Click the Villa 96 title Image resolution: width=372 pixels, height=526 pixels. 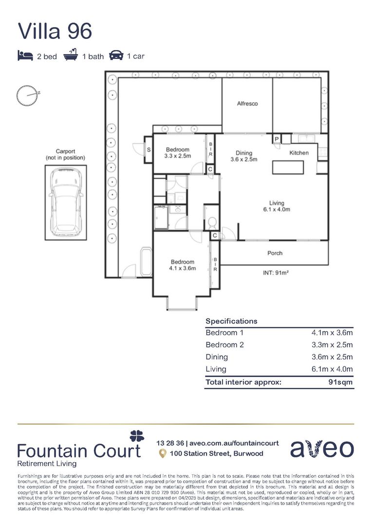[55, 31]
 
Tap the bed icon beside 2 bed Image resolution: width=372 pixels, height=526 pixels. [25, 56]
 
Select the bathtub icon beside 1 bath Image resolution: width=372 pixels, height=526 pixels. [71, 55]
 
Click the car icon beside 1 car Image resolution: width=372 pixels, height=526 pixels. [116, 55]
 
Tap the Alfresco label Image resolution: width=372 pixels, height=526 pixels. [247, 104]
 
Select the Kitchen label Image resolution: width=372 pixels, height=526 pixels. [299, 153]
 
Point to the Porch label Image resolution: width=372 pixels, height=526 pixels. [275, 253]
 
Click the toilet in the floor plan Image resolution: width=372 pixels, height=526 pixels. [211, 223]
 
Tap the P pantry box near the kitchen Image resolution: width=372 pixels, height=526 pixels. [277, 139]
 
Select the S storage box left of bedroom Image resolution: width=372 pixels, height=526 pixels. [149, 150]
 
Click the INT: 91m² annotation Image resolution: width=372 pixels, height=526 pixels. [276, 273]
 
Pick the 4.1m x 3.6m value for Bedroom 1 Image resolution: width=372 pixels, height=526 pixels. [332, 333]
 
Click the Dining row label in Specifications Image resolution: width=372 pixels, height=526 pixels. [216, 357]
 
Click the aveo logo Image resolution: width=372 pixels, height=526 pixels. [322, 449]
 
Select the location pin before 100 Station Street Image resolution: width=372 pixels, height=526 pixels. [163, 453]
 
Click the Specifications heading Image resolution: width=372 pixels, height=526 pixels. [231, 321]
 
